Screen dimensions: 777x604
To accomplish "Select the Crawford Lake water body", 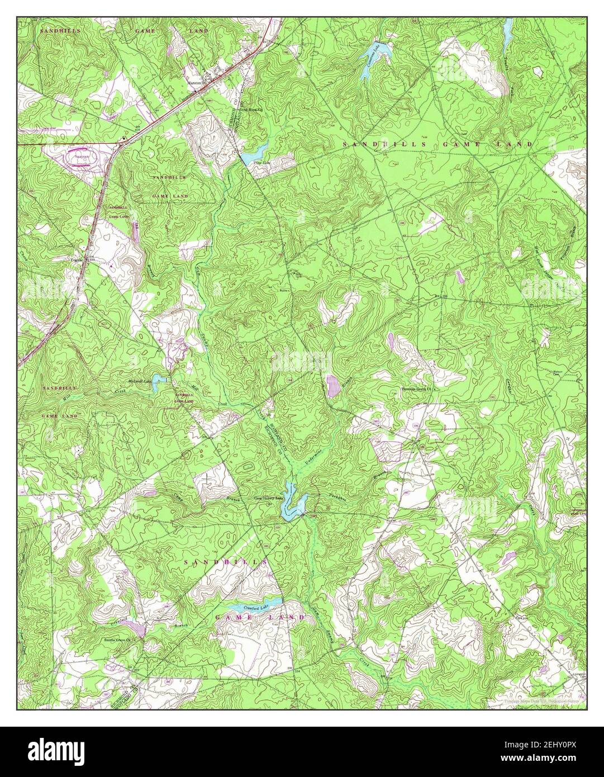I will tap(246, 608).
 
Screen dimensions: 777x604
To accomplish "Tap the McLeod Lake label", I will tap(140, 382).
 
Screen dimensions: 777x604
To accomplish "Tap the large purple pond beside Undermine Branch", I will tap(333, 386).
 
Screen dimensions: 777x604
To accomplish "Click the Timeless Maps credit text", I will tap(536, 700).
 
